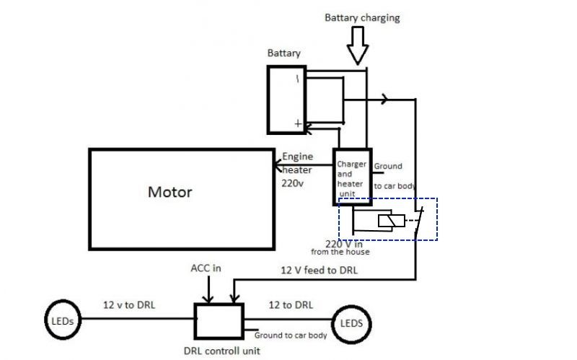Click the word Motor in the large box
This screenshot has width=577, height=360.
[170, 192]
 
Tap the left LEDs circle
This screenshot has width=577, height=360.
[45, 320]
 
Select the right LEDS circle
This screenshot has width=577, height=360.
[332, 324]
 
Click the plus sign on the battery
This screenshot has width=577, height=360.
[298, 123]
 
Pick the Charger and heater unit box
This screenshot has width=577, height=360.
[334, 177]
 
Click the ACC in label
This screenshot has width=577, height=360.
[206, 268]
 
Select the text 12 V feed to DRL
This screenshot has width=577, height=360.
[319, 271]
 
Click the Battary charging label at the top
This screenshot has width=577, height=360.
[362, 18]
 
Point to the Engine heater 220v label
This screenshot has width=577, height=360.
[297, 170]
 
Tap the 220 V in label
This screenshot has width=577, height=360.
[344, 244]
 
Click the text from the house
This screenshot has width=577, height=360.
[340, 252]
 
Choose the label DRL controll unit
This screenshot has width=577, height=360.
[222, 351]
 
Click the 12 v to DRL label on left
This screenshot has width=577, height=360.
[129, 304]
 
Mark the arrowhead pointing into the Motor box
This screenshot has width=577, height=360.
[278, 165]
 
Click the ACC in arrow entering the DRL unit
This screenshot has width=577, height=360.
[208, 289]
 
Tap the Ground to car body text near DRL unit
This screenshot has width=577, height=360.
[291, 335]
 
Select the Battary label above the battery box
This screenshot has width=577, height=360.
[283, 53]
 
